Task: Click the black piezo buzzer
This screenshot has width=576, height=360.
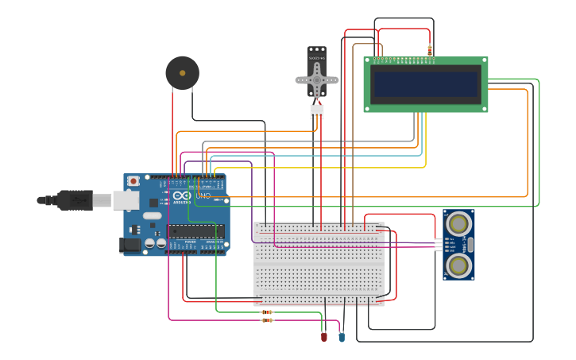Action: click(182, 73)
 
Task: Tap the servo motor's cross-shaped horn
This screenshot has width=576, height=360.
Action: click(317, 79)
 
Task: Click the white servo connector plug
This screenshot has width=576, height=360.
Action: click(317, 112)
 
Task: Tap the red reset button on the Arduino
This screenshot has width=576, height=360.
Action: click(133, 181)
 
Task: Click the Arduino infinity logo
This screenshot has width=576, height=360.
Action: click(182, 196)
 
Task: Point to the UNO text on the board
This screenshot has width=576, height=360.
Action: click(203, 195)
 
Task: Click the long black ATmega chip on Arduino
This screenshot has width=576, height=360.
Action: click(195, 230)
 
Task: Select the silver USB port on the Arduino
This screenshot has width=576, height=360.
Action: click(126, 200)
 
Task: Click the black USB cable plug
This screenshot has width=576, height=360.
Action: click(75, 200)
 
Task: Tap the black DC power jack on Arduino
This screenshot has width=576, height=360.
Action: click(130, 246)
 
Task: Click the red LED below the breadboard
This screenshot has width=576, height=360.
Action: click(323, 337)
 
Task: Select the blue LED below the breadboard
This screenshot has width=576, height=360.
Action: click(342, 337)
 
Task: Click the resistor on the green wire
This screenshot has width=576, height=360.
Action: click(267, 312)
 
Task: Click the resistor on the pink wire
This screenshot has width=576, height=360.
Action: click(267, 320)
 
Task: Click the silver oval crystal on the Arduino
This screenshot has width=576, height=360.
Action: click(153, 215)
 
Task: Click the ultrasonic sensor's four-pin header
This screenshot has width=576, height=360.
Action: click(439, 244)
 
